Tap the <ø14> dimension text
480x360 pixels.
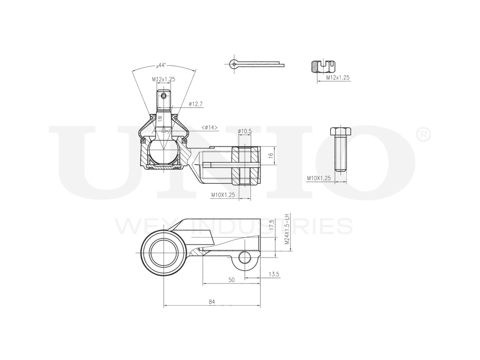click(x=209, y=127)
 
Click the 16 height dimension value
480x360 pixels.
click(x=270, y=156)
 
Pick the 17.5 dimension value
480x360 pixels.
click(x=271, y=226)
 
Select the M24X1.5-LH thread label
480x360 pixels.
click(x=287, y=230)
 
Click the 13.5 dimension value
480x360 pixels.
click(x=274, y=274)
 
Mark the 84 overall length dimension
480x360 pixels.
click(x=212, y=301)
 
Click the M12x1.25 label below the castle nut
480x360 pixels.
click(x=338, y=77)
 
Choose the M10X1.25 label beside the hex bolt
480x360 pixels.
click(x=319, y=178)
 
